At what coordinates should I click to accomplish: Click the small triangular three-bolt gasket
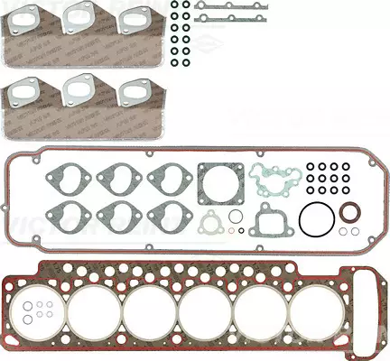click(x=213, y=225)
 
